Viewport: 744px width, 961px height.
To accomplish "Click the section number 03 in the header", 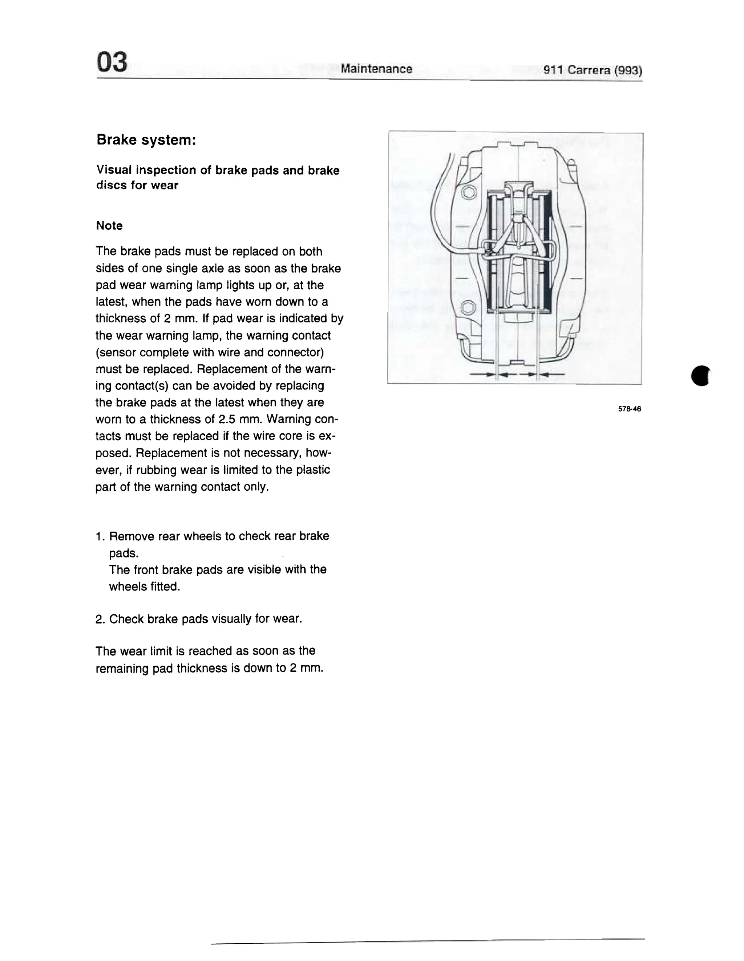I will (x=112, y=62).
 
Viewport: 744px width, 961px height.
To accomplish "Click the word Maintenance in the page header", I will (x=376, y=69).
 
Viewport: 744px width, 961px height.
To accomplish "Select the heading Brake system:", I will (x=146, y=140).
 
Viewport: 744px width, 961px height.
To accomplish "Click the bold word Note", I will (x=109, y=226).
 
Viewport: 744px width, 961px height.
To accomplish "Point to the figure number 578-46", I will (x=630, y=409).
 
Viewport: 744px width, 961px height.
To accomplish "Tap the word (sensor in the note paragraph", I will (x=116, y=352).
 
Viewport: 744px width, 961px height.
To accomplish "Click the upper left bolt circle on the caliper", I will (x=469, y=193).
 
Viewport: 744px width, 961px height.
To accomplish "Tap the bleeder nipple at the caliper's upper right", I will (x=572, y=166).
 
